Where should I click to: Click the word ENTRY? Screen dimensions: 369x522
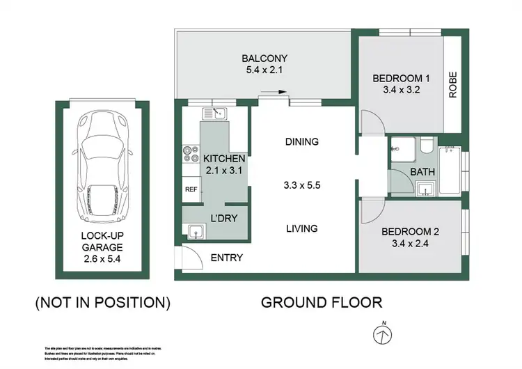pos(227,258)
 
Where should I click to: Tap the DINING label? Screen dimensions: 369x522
pos(301,141)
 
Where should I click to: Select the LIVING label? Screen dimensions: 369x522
pos(301,228)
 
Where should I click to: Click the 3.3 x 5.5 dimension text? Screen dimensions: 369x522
pos(301,187)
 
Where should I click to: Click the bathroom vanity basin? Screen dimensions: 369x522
pos(425,188)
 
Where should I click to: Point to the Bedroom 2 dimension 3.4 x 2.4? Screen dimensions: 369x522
pos(410,245)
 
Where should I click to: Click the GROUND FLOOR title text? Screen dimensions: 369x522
pos(321,302)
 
